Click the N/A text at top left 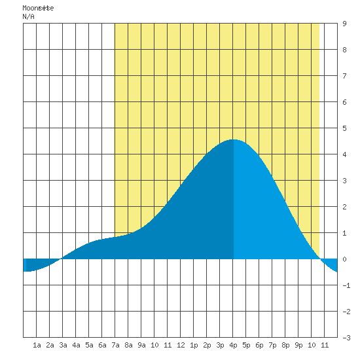pyautogui.click(x=28, y=16)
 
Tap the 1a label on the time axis pyautogui.click(x=37, y=345)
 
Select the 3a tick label pyautogui.click(x=63, y=345)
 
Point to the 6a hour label pyautogui.click(x=102, y=345)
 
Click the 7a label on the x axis pyautogui.click(x=115, y=345)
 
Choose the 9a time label pyautogui.click(x=141, y=345)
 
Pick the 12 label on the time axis pyautogui.click(x=181, y=345)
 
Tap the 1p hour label pyautogui.click(x=194, y=345)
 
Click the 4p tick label pyautogui.click(x=233, y=345)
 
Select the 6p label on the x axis pyautogui.click(x=259, y=345)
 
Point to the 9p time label pyautogui.click(x=298, y=345)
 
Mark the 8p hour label pyautogui.click(x=285, y=345)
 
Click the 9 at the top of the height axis pyautogui.click(x=344, y=24)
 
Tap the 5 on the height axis pyautogui.click(x=344, y=128)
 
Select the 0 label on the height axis pyautogui.click(x=344, y=259)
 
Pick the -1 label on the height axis pyautogui.click(x=346, y=285)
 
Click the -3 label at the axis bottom pyautogui.click(x=346, y=338)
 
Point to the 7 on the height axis pyautogui.click(x=344, y=76)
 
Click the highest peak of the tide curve pyautogui.click(x=233, y=139)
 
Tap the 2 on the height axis pyautogui.click(x=344, y=207)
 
